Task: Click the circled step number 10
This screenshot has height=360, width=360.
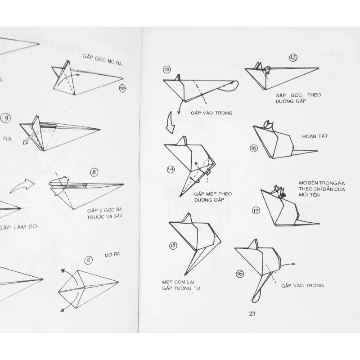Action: [x=122, y=88]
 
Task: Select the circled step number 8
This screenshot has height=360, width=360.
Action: [x=94, y=172]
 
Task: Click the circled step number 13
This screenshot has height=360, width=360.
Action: [x=167, y=69]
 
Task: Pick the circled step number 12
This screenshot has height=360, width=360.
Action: [x=293, y=57]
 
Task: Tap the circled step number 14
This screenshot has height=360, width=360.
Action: [x=171, y=169]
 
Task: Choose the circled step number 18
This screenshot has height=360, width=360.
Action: [x=253, y=148]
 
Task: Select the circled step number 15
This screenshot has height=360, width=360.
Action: [x=173, y=245]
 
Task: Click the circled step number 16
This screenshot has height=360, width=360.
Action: [x=239, y=273]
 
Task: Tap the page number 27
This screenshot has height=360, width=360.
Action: [x=252, y=314]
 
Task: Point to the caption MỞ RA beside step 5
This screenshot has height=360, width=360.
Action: [x=111, y=255]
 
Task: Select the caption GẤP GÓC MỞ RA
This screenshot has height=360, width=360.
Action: [x=103, y=61]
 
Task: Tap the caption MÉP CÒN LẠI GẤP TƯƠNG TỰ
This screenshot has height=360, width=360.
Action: [x=178, y=285]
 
